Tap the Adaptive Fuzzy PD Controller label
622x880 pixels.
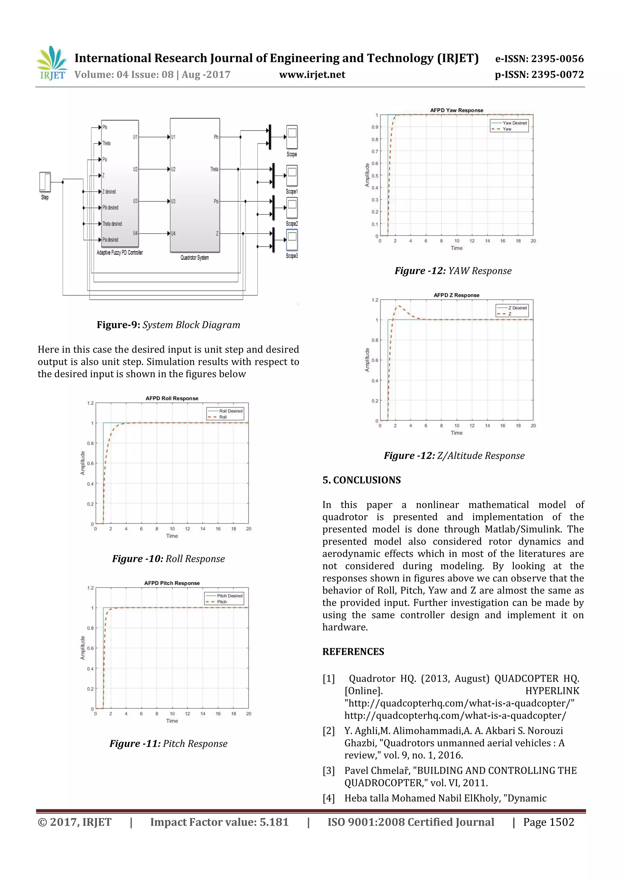coord(120,252)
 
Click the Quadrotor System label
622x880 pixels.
coord(195,258)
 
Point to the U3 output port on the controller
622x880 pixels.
coord(135,201)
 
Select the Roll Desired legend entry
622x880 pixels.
coord(230,411)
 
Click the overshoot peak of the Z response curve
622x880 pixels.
coord(399,306)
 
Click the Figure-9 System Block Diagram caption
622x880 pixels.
coord(168,325)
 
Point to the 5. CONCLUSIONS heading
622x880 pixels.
coord(361,480)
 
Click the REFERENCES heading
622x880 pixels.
coord(353,652)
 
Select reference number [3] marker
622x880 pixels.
coord(328,770)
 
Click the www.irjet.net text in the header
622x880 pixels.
coord(312,74)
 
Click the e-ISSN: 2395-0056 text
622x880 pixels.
coord(539,59)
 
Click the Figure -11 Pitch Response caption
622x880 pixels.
coord(168,744)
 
